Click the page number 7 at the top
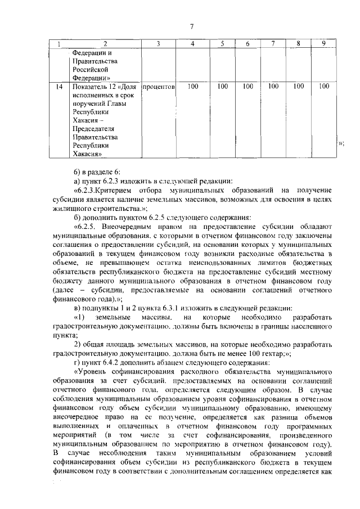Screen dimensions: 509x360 [191, 26]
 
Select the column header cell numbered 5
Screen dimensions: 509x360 [222, 44]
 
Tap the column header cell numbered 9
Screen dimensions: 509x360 [323, 44]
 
